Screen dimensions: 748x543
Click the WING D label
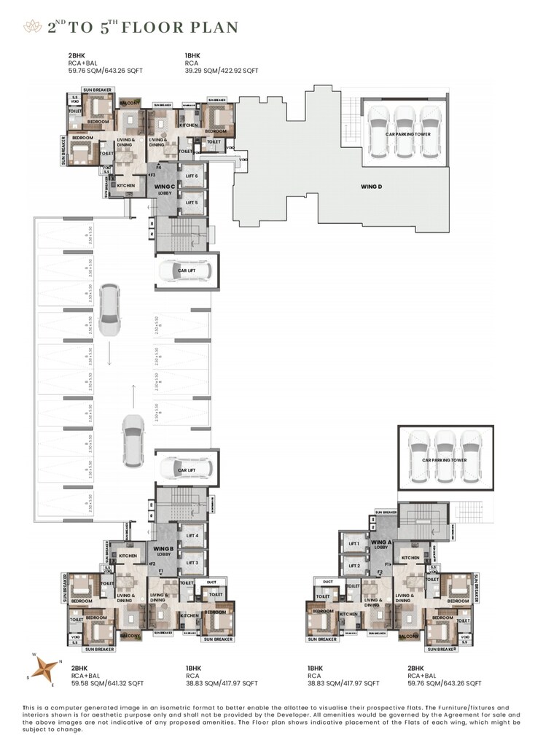(x=371, y=187)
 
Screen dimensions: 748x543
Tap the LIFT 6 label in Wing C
(x=192, y=176)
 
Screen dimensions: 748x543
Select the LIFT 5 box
(x=192, y=203)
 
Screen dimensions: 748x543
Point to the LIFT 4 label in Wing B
(x=192, y=536)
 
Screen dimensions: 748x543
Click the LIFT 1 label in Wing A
(x=354, y=545)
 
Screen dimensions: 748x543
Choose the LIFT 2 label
(x=354, y=566)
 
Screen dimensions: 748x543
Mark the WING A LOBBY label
(x=378, y=545)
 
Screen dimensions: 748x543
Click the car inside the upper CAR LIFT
(x=185, y=271)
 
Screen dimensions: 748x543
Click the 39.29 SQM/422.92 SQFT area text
(x=222, y=71)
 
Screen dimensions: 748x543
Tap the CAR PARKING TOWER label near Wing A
(x=444, y=460)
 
